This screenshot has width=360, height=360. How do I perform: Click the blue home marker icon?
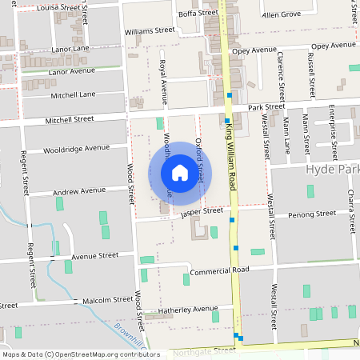pyautogui.click(x=179, y=172)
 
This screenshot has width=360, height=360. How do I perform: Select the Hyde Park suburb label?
pyautogui.click(x=332, y=172)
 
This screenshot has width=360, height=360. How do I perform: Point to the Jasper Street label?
pyautogui.click(x=202, y=211)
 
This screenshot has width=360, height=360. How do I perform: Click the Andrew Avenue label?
pyautogui.click(x=78, y=191)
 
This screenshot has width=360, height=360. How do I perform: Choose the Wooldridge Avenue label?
pyautogui.click(x=76, y=148)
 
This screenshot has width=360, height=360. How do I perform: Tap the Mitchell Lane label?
pyautogui.click(x=74, y=94)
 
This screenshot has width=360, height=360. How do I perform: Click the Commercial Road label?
pyautogui.click(x=220, y=270)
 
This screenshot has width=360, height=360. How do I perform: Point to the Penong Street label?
pyautogui.click(x=312, y=214)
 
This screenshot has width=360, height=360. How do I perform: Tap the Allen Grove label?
pyautogui.click(x=280, y=14)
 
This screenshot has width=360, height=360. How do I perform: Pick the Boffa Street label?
pyautogui.click(x=198, y=14)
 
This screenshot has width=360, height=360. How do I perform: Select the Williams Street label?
pyautogui.click(x=150, y=30)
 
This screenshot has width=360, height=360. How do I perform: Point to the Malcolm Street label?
pyautogui.click(x=107, y=301)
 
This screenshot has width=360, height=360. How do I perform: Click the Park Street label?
pyautogui.click(x=266, y=106)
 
